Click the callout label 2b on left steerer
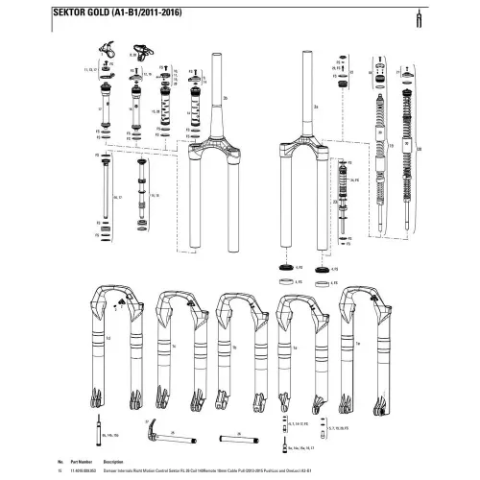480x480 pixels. [224, 98]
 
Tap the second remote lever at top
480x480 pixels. [141, 55]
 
